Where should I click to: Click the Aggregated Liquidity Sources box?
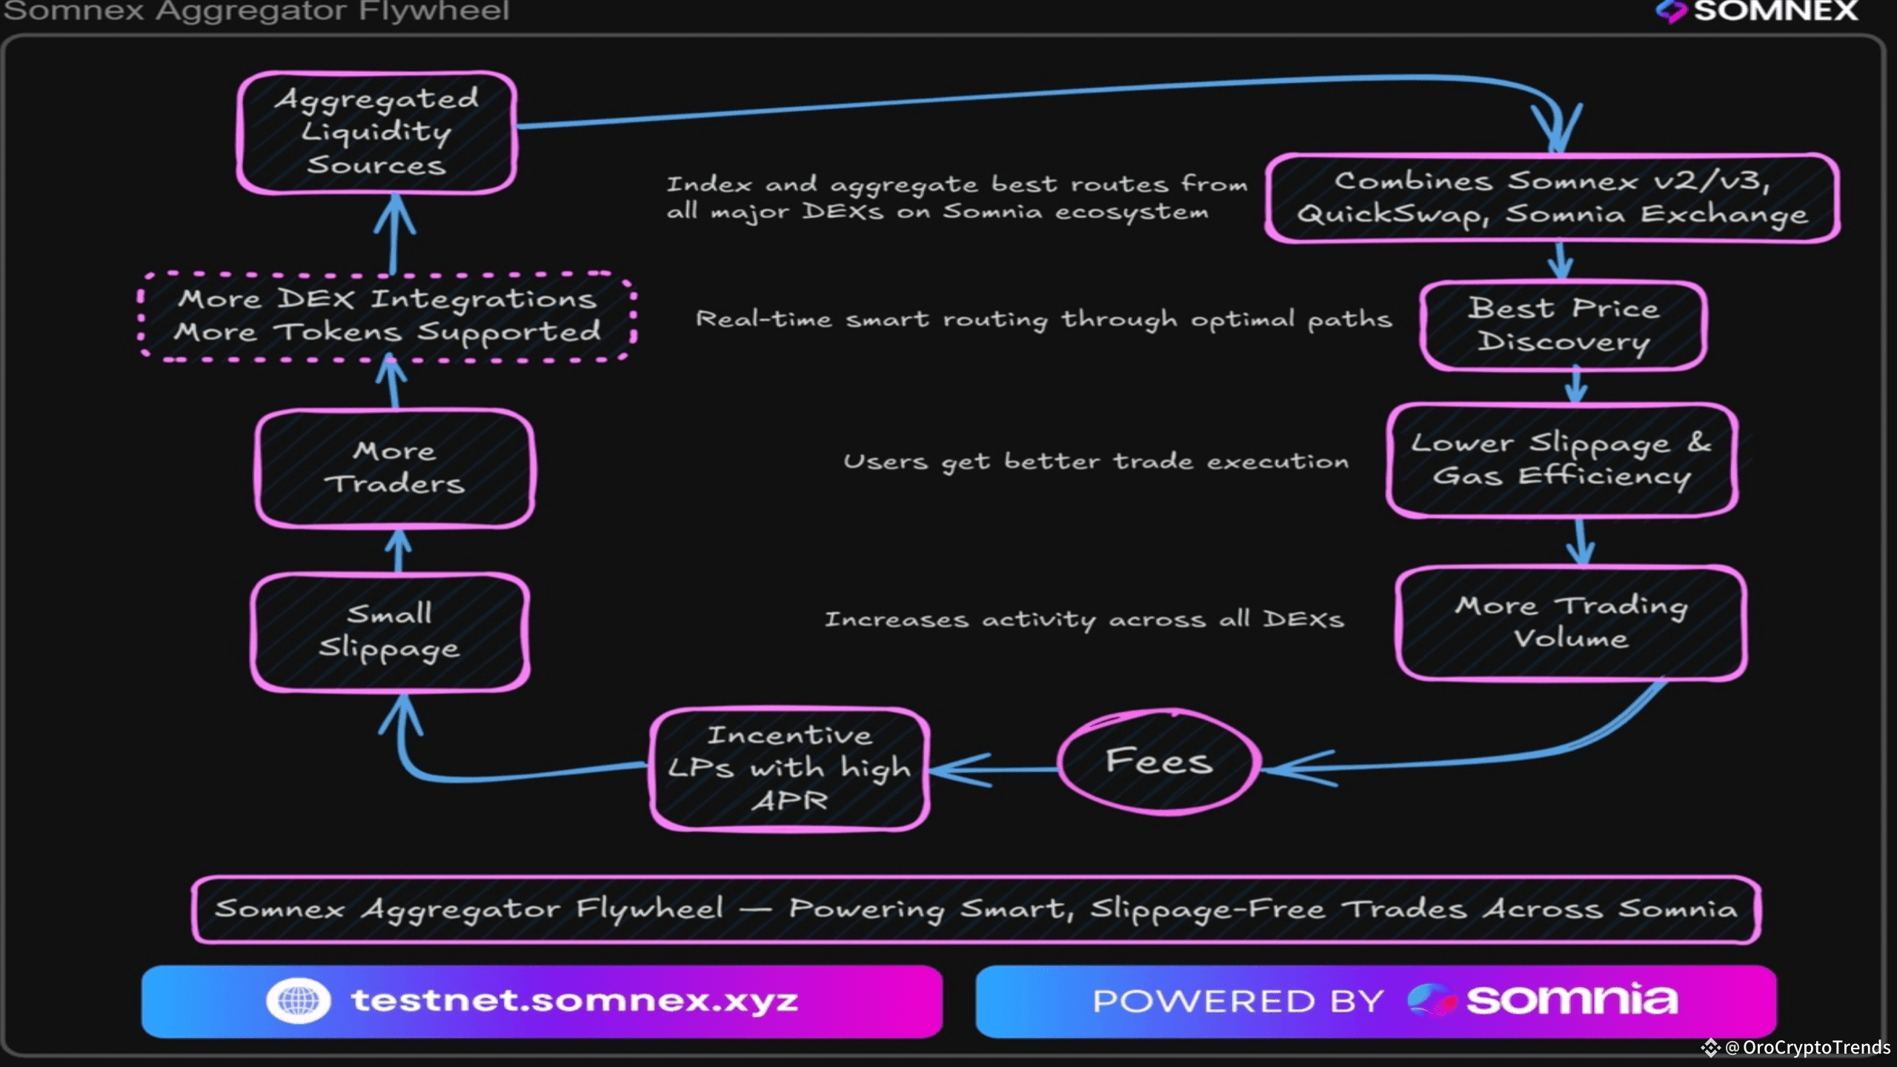click(x=376, y=133)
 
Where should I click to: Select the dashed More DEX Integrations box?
click(x=387, y=316)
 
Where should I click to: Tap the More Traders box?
click(x=394, y=468)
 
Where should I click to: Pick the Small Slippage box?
click(x=390, y=631)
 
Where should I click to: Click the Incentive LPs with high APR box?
click(x=789, y=768)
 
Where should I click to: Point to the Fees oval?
click(x=1159, y=762)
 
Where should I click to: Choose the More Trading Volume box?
click(x=1571, y=622)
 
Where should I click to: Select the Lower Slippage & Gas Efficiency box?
click(x=1561, y=460)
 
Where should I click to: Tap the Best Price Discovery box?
click(x=1564, y=325)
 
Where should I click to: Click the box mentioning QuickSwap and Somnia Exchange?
click(x=1552, y=198)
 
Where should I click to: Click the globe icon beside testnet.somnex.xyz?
click(x=298, y=1000)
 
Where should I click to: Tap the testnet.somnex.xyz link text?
click(x=575, y=1000)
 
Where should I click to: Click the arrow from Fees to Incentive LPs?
click(x=993, y=770)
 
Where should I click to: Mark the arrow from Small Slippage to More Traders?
click(x=399, y=551)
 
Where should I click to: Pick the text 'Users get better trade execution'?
click(x=1096, y=462)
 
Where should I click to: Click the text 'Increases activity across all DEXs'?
click(x=1084, y=619)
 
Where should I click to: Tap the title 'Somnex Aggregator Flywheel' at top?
click(x=256, y=11)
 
